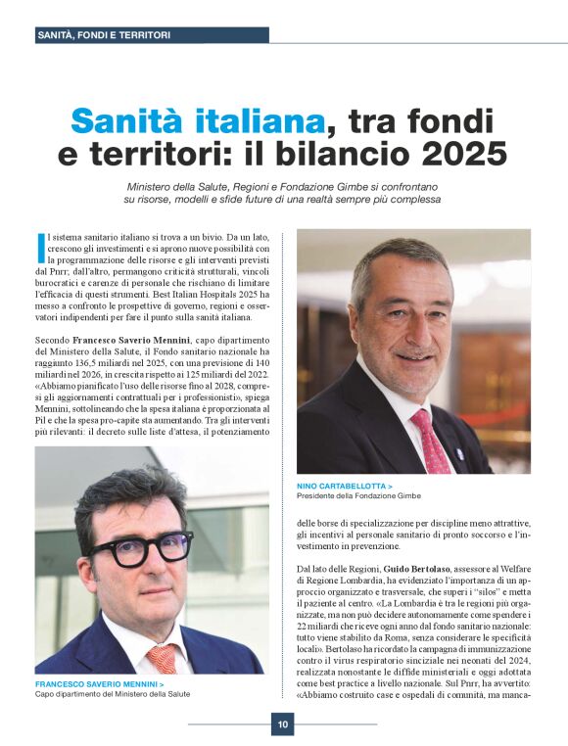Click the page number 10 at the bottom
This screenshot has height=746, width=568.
282,724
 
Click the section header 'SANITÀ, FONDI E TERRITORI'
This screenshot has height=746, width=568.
103,35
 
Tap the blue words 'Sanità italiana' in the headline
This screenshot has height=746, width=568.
197,121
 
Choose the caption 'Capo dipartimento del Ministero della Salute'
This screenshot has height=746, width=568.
113,694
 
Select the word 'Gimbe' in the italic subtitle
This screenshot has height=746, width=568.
370,185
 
